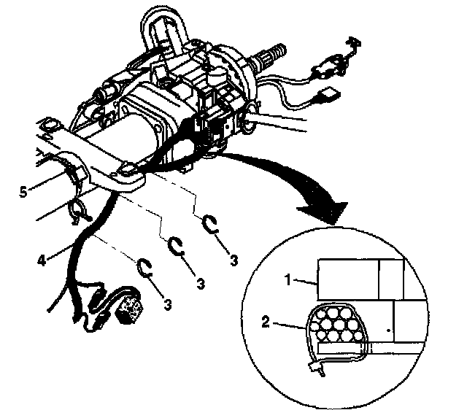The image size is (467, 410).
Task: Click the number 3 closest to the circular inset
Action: [x=234, y=260]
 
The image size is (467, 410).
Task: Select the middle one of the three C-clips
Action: [x=176, y=247]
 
